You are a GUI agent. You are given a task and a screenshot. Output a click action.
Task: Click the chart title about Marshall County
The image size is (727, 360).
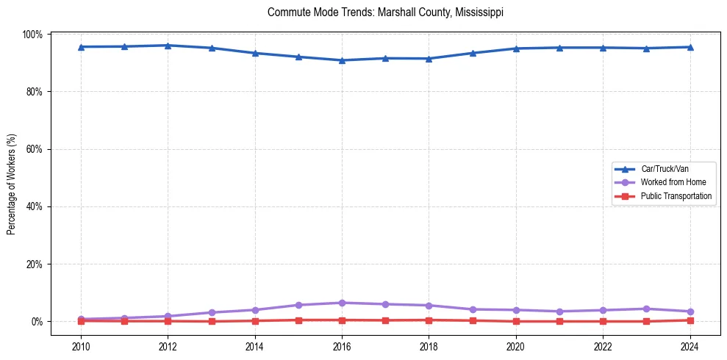pos(385,12)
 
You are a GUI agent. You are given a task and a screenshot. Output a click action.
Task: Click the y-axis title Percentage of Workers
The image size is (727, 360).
pos(12,184)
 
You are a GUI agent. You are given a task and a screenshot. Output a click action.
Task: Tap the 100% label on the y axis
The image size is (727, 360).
pos(34,35)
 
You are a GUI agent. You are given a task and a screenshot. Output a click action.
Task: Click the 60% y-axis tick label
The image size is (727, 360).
pos(35,149)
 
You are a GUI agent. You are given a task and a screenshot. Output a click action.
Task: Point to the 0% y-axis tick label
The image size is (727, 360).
pos(37,322)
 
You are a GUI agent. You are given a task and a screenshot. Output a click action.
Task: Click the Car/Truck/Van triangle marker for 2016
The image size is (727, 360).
pos(342,60)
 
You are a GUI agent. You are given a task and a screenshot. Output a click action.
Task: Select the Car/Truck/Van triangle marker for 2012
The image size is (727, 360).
pos(168,46)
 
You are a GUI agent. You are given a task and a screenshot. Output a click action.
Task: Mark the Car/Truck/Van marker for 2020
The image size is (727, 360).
pos(516,48)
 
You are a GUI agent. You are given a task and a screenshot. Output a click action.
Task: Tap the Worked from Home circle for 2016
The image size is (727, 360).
pos(342,303)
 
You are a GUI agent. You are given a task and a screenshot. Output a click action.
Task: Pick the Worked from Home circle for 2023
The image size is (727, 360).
pos(646,309)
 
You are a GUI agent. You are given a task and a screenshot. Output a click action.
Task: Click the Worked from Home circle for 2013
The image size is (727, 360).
pos(212,312)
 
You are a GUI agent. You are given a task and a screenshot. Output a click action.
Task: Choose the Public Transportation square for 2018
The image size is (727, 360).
pos(429,320)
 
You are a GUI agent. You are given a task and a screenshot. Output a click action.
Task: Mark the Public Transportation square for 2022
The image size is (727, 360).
pos(603,321)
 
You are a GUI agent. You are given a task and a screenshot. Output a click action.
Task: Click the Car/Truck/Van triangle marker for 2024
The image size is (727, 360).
pos(690,47)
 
